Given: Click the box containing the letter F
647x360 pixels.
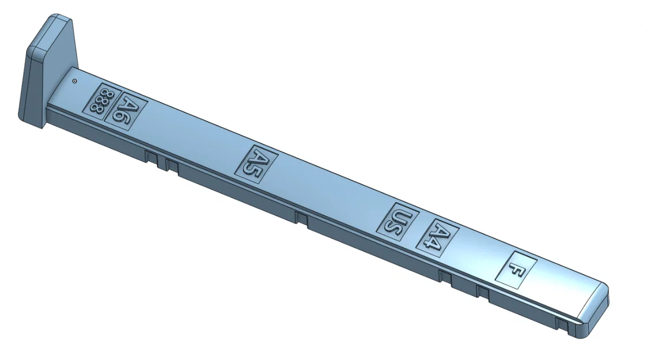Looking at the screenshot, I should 517,270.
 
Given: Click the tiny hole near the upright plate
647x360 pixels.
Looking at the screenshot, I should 75,81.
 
